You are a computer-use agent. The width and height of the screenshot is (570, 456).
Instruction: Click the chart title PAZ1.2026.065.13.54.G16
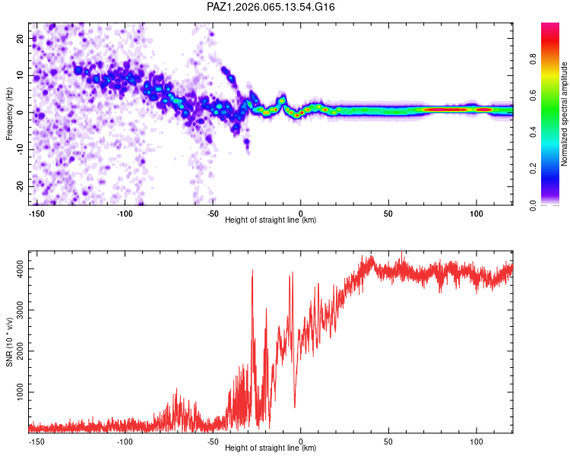(x=271, y=7)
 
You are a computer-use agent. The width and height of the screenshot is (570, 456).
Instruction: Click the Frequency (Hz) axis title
(x=9, y=112)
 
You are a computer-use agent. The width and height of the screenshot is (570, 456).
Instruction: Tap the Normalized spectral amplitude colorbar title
(x=564, y=114)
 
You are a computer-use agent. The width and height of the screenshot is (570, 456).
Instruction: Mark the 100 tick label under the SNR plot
(x=477, y=441)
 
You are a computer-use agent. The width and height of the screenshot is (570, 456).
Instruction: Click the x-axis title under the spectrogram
(x=271, y=220)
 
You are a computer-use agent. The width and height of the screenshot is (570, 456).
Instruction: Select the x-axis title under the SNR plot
(x=271, y=448)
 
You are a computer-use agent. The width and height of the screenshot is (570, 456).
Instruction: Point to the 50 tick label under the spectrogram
(x=388, y=213)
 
